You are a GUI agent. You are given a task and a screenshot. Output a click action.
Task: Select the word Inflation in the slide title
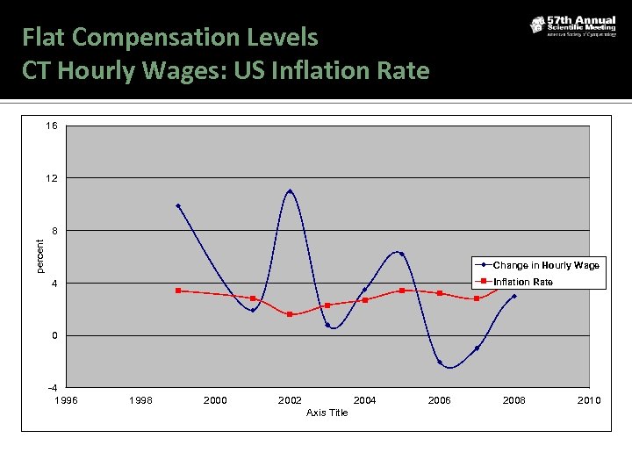(321, 70)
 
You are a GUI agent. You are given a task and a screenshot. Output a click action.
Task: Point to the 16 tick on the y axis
(52, 126)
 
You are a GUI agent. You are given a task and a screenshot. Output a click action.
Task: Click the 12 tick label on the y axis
(52, 178)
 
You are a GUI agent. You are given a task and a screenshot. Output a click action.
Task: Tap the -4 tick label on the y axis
(52, 387)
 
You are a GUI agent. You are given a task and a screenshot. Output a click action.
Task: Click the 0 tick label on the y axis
(54, 335)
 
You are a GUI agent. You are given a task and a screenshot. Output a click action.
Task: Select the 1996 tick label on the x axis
(66, 400)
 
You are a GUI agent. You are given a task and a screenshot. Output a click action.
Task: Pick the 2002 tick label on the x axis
(290, 400)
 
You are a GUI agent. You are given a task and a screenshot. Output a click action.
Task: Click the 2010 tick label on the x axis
(589, 400)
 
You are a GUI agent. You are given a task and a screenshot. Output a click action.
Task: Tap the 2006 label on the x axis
(439, 400)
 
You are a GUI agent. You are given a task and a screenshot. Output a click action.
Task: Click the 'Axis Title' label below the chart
(327, 413)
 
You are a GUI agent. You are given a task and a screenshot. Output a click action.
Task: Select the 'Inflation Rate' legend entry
(523, 282)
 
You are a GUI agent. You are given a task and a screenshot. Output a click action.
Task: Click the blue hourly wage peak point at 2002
(290, 191)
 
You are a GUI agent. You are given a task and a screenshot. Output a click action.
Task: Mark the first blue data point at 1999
(178, 206)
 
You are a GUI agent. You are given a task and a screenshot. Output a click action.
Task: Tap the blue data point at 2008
(514, 296)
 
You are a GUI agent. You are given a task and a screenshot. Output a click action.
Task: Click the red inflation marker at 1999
(178, 291)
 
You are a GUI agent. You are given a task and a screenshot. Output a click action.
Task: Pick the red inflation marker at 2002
(290, 314)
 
